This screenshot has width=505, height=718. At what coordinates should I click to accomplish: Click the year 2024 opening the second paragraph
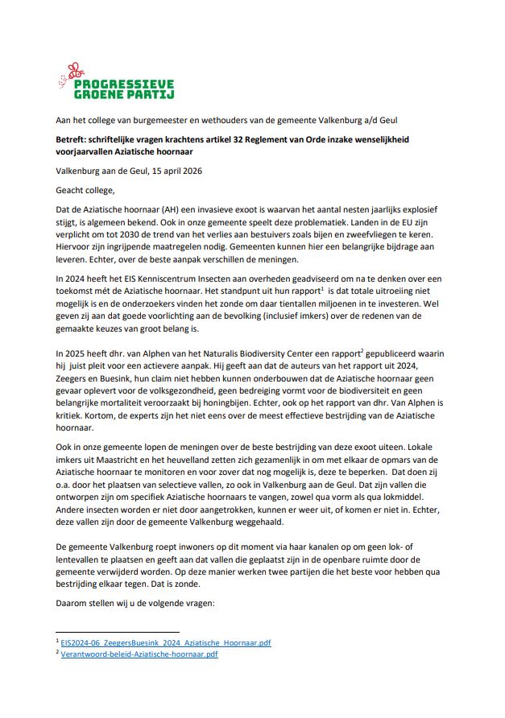point(77,276)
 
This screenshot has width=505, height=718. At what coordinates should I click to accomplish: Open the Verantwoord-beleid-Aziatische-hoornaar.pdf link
point(139,654)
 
